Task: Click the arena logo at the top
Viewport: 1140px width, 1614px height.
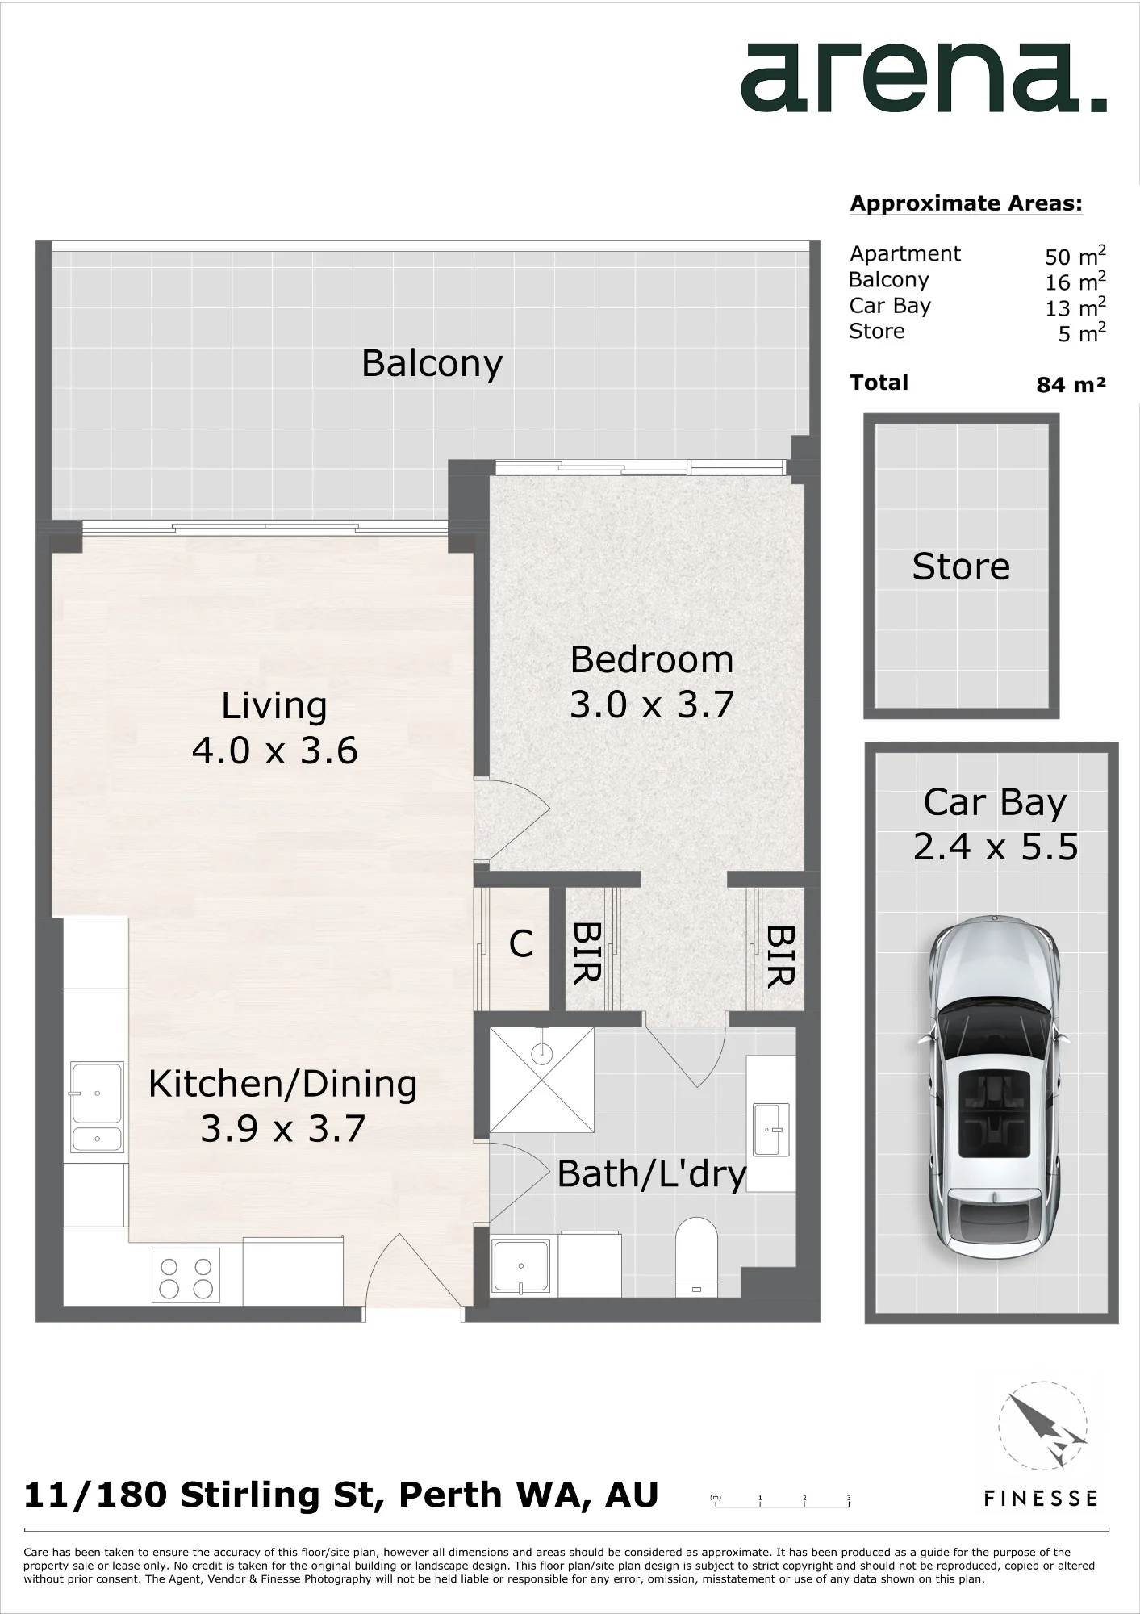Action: [924, 78]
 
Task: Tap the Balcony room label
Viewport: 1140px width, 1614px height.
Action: [432, 364]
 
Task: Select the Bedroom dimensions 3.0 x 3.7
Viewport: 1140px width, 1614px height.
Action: [652, 705]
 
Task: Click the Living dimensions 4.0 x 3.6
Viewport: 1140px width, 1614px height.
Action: [274, 751]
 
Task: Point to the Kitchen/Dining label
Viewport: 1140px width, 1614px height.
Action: [282, 1085]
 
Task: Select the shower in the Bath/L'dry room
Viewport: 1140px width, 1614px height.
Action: [542, 1080]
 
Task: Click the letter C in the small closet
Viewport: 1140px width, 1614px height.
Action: [521, 943]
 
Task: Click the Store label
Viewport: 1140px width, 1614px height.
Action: [961, 567]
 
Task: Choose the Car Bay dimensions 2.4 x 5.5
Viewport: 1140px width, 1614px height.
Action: [996, 847]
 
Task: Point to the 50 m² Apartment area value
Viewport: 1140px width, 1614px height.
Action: [1075, 256]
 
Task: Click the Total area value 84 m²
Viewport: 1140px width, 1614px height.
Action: [1071, 385]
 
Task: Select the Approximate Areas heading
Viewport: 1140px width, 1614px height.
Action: [966, 203]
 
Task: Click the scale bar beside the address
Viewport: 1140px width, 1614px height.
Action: [780, 1500]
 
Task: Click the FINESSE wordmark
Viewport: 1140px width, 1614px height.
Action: [1041, 1499]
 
